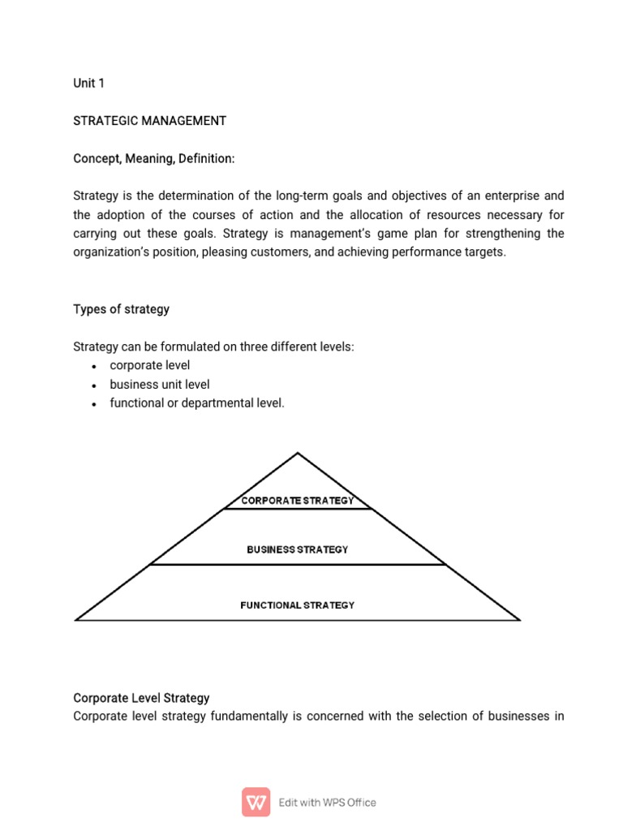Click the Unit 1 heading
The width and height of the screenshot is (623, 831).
pyautogui.click(x=88, y=84)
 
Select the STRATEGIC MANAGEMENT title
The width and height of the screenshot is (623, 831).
pyautogui.click(x=149, y=121)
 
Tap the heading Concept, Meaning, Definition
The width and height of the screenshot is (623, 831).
pyautogui.click(x=153, y=159)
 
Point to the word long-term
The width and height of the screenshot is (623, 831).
pyautogui.click(x=301, y=196)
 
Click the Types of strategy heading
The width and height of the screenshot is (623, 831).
pyautogui.click(x=121, y=309)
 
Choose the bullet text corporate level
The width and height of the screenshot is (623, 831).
pyautogui.click(x=149, y=365)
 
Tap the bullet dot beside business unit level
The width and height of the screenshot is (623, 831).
pyautogui.click(x=95, y=385)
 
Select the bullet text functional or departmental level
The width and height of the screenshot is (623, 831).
pyautogui.click(x=197, y=403)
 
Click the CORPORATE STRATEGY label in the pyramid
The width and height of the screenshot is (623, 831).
pyautogui.click(x=298, y=501)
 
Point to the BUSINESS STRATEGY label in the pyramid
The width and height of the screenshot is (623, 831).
pyautogui.click(x=298, y=549)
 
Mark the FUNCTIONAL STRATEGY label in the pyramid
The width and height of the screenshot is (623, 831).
pyautogui.click(x=298, y=605)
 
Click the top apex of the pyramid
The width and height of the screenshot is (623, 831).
pyautogui.click(x=298, y=454)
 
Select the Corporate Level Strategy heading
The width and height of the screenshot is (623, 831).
pyautogui.click(x=141, y=698)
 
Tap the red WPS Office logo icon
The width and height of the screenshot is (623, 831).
pyautogui.click(x=256, y=802)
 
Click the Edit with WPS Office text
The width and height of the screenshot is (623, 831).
pyautogui.click(x=327, y=803)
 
